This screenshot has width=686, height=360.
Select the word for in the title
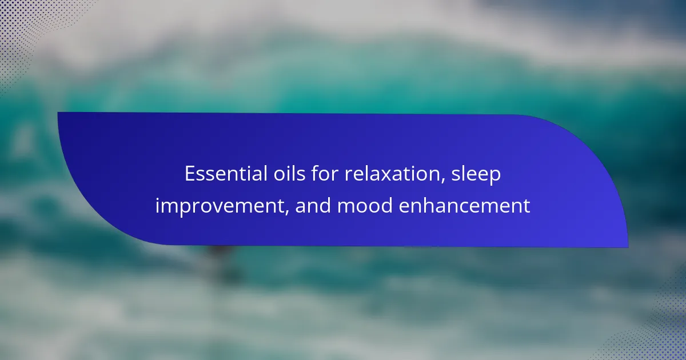(325, 174)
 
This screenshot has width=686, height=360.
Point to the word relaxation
(392, 174)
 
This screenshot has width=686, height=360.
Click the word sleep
(476, 175)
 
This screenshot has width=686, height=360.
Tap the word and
(313, 205)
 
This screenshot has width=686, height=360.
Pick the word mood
(365, 205)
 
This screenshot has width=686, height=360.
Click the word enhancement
(465, 205)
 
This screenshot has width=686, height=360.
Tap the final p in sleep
(494, 178)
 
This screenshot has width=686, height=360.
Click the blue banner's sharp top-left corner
(58, 113)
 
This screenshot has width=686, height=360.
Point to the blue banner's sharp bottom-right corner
(628, 247)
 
